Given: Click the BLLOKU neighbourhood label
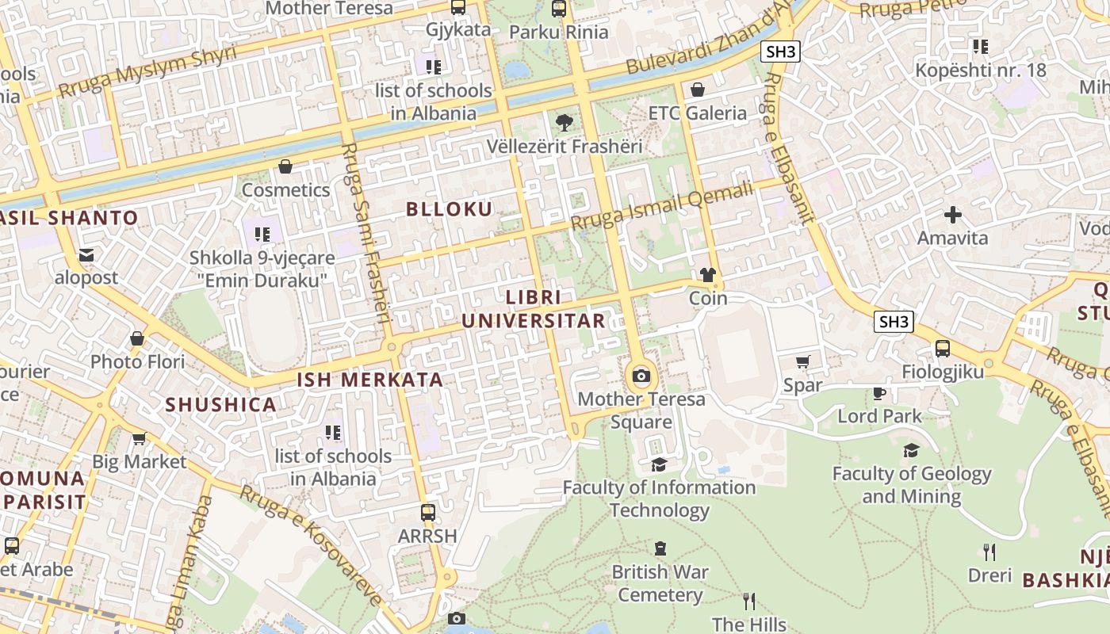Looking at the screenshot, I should pyautogui.click(x=449, y=209).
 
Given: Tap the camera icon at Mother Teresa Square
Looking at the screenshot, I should pyautogui.click(x=641, y=376).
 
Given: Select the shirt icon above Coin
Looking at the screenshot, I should pyautogui.click(x=708, y=275).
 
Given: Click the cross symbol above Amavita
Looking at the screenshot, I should pyautogui.click(x=952, y=215).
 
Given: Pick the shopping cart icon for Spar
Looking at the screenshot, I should pyautogui.click(x=802, y=362).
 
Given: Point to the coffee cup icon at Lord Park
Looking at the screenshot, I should pyautogui.click(x=879, y=393).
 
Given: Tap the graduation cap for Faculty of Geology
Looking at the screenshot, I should pyautogui.click(x=911, y=451).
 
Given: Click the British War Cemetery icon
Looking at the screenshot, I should pyautogui.click(x=660, y=548).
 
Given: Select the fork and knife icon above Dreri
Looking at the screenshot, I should pyautogui.click(x=989, y=552).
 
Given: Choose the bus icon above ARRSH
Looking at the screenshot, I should pyautogui.click(x=428, y=512).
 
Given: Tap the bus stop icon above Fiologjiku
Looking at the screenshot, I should pyautogui.click(x=943, y=348).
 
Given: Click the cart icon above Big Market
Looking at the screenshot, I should pyautogui.click(x=139, y=438).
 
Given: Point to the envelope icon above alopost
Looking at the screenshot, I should pyautogui.click(x=86, y=255).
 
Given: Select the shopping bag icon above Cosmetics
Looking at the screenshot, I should pyautogui.click(x=285, y=166).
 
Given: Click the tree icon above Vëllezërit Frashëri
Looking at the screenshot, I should pyautogui.click(x=564, y=123).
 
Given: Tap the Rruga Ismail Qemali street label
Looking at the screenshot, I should pyautogui.click(x=661, y=206).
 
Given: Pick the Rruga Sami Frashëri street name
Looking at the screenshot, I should pyautogui.click(x=366, y=234).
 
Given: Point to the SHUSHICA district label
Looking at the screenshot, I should pyautogui.click(x=220, y=405).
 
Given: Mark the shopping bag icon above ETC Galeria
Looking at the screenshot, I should pyautogui.click(x=698, y=90).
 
